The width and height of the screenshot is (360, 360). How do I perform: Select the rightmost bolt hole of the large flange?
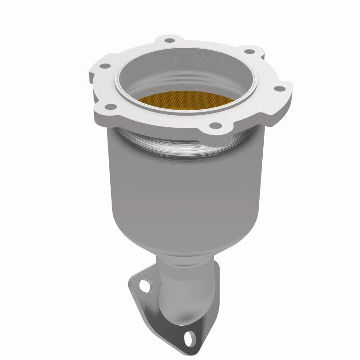[277, 89]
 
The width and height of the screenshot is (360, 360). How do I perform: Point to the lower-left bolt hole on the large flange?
[109, 107]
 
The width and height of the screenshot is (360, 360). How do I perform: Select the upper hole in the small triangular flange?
[144, 285]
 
